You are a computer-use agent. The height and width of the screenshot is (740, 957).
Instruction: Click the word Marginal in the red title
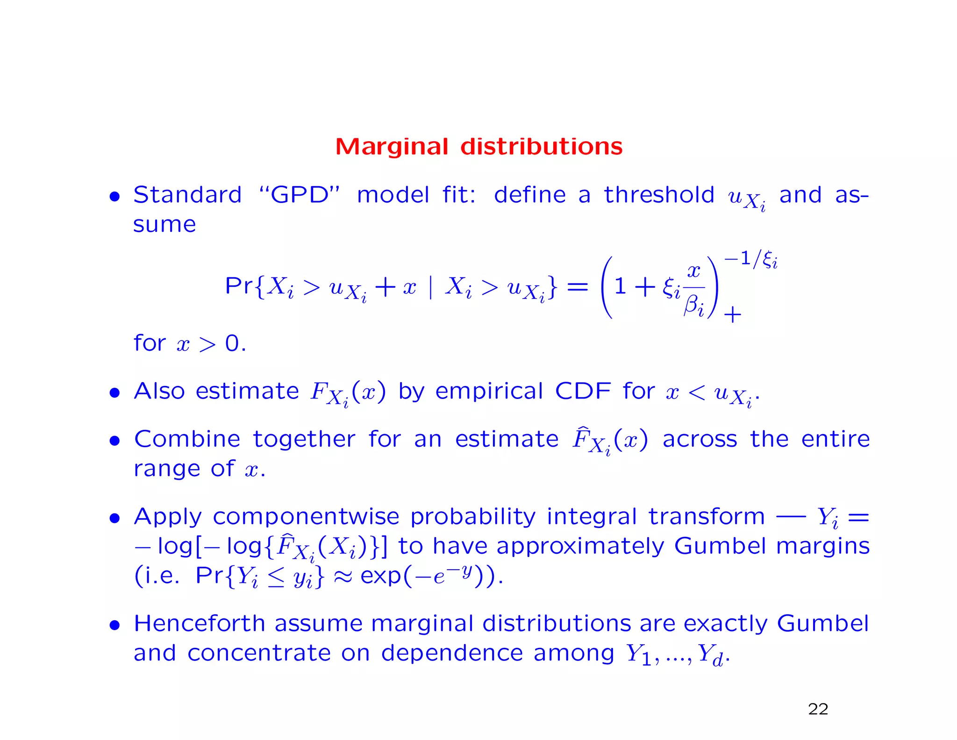click(392, 147)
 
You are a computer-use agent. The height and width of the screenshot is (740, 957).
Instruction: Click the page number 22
click(818, 709)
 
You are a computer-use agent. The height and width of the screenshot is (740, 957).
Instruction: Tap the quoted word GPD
click(300, 195)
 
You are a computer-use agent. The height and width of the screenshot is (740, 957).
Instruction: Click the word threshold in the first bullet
click(659, 195)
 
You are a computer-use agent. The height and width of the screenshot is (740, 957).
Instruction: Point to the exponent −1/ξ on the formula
click(750, 259)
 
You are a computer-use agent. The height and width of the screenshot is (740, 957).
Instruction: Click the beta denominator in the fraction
click(693, 306)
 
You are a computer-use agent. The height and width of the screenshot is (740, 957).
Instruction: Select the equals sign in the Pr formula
click(577, 286)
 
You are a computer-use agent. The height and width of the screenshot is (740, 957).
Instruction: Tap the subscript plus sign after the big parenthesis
click(732, 315)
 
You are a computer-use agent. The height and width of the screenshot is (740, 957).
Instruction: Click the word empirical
click(489, 391)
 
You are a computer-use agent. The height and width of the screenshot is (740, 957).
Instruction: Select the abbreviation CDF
click(583, 391)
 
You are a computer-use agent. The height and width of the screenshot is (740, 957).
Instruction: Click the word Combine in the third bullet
click(187, 439)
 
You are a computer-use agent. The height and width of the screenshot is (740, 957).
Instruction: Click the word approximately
click(580, 546)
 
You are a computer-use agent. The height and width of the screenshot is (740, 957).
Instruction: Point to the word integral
click(592, 517)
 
